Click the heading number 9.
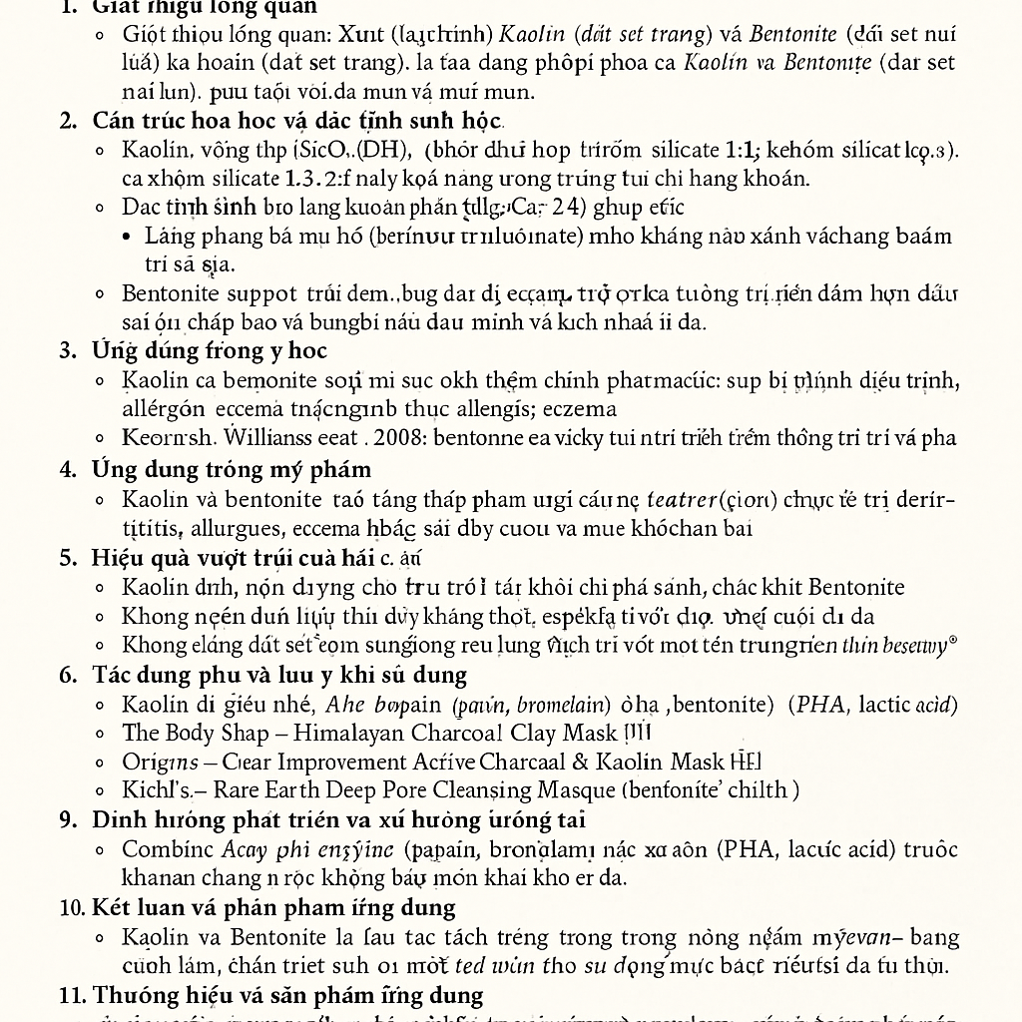click(68, 819)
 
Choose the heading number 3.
click(68, 350)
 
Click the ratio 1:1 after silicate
click(743, 151)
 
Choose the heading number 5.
click(68, 557)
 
